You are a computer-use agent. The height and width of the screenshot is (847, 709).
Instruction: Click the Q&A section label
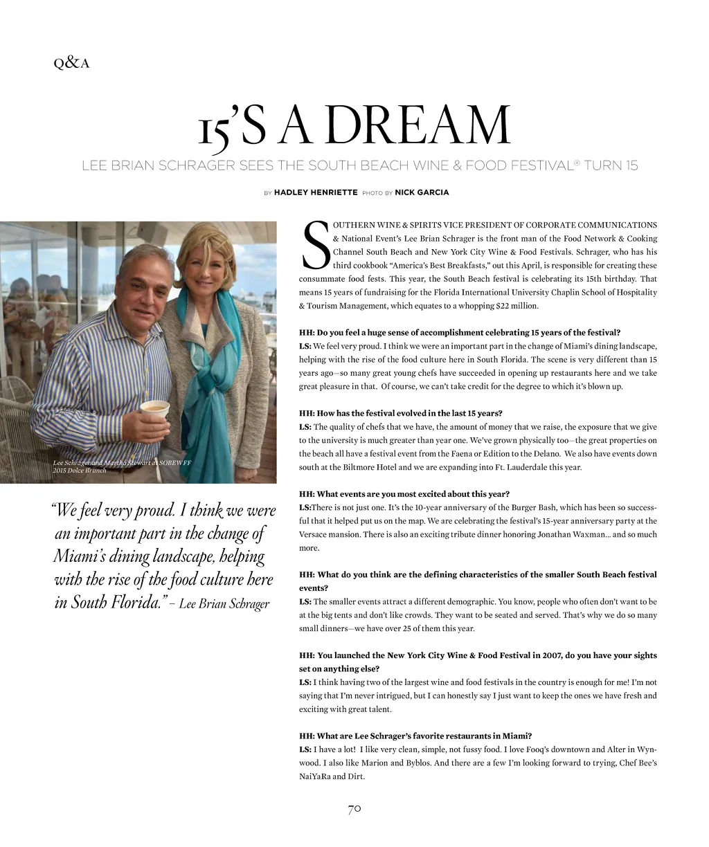tap(71, 64)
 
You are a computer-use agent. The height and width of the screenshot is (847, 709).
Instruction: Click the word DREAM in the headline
tap(394, 127)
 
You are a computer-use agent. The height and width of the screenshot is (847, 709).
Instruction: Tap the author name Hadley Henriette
tap(316, 192)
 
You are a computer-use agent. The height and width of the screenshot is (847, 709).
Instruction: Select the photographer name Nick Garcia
tap(422, 192)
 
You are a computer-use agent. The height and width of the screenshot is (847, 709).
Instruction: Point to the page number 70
tap(354, 808)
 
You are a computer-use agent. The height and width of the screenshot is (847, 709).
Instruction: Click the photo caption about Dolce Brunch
tap(122, 466)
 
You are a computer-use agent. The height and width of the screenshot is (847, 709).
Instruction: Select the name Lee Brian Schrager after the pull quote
tap(224, 603)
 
